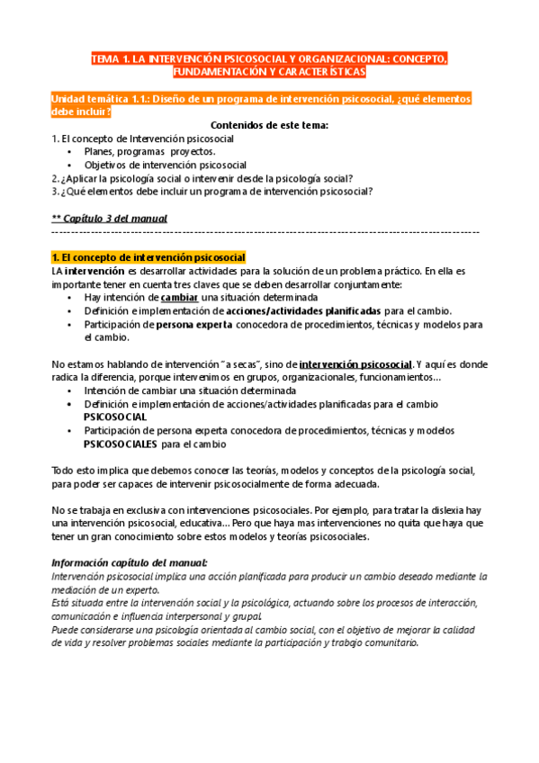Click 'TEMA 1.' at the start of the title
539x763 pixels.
(x=110, y=58)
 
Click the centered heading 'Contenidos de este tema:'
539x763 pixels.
(x=269, y=125)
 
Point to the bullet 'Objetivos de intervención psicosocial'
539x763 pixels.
(x=165, y=166)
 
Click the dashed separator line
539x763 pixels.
(x=269, y=232)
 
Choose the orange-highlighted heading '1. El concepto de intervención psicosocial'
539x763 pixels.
(x=149, y=258)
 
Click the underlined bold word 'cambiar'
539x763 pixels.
(x=180, y=298)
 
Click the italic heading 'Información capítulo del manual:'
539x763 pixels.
(x=130, y=563)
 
